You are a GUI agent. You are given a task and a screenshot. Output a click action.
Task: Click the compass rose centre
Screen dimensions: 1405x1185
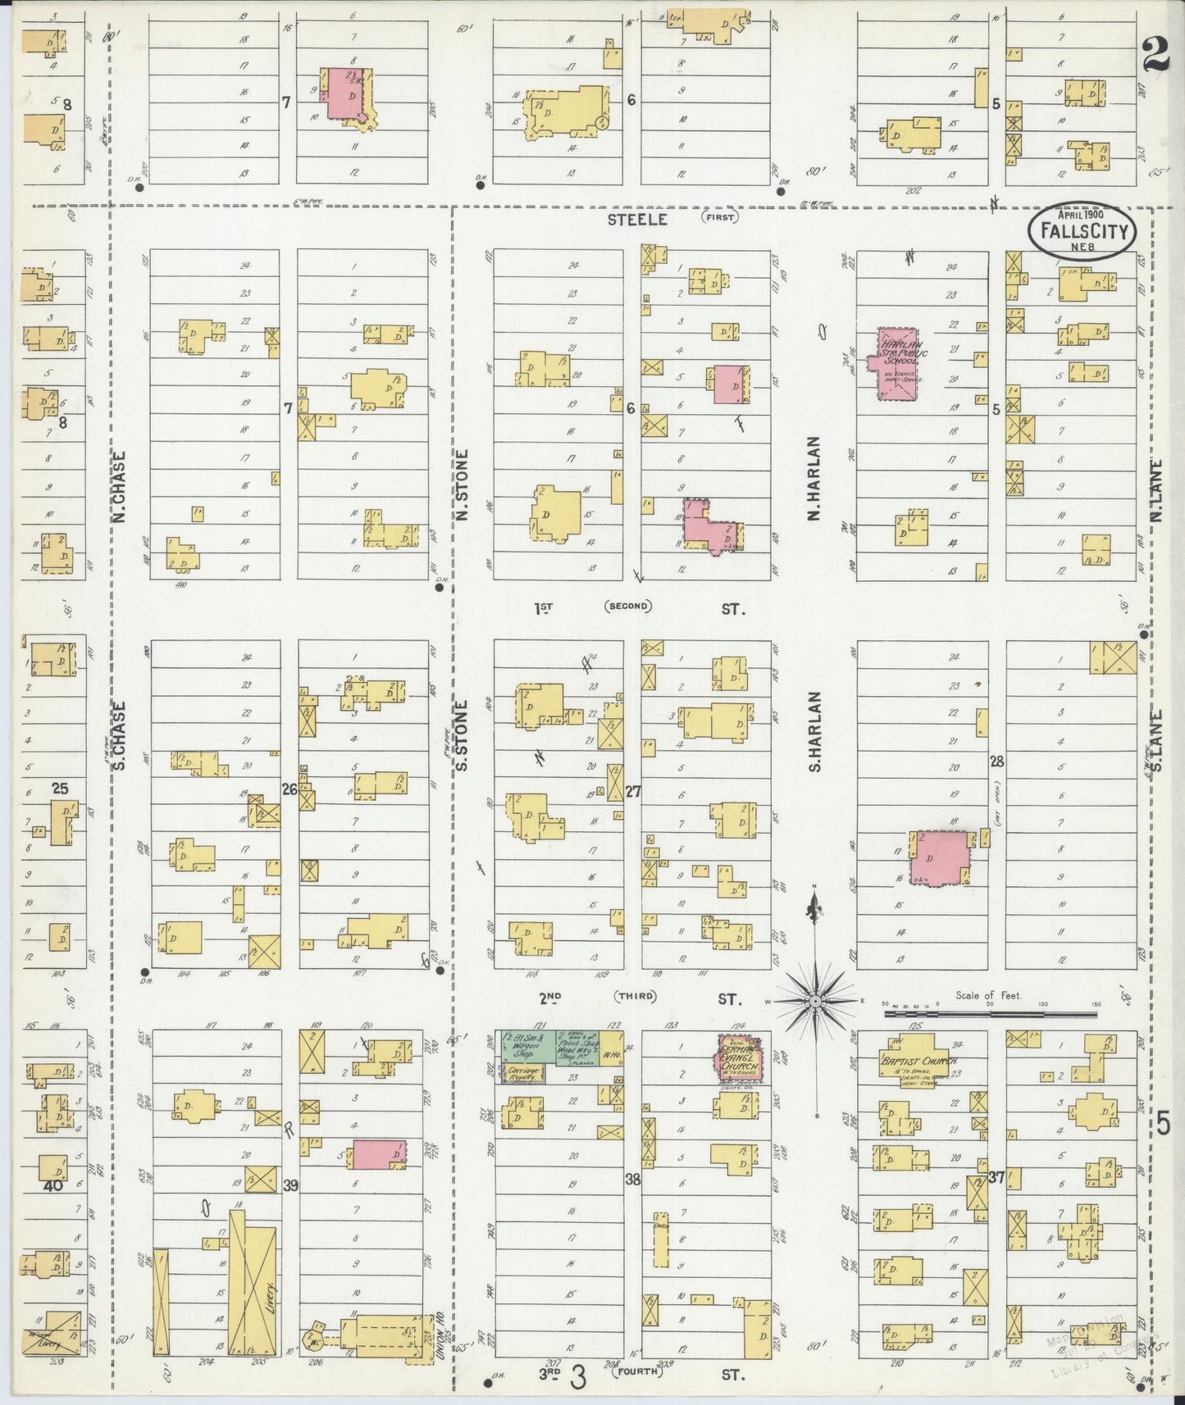(816, 1002)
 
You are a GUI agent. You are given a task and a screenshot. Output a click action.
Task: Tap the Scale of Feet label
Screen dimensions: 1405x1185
(987, 995)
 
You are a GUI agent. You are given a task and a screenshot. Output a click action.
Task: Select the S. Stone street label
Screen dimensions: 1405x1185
(461, 734)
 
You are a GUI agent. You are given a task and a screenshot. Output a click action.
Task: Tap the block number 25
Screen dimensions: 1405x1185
(60, 789)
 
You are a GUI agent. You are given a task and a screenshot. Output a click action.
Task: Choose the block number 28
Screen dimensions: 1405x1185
(996, 762)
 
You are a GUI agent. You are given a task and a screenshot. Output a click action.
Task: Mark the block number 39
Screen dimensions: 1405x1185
(289, 1185)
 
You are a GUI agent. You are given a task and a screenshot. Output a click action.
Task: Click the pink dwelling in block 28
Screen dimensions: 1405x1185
(941, 857)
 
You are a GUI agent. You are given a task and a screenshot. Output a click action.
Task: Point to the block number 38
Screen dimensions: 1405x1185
(632, 1180)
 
